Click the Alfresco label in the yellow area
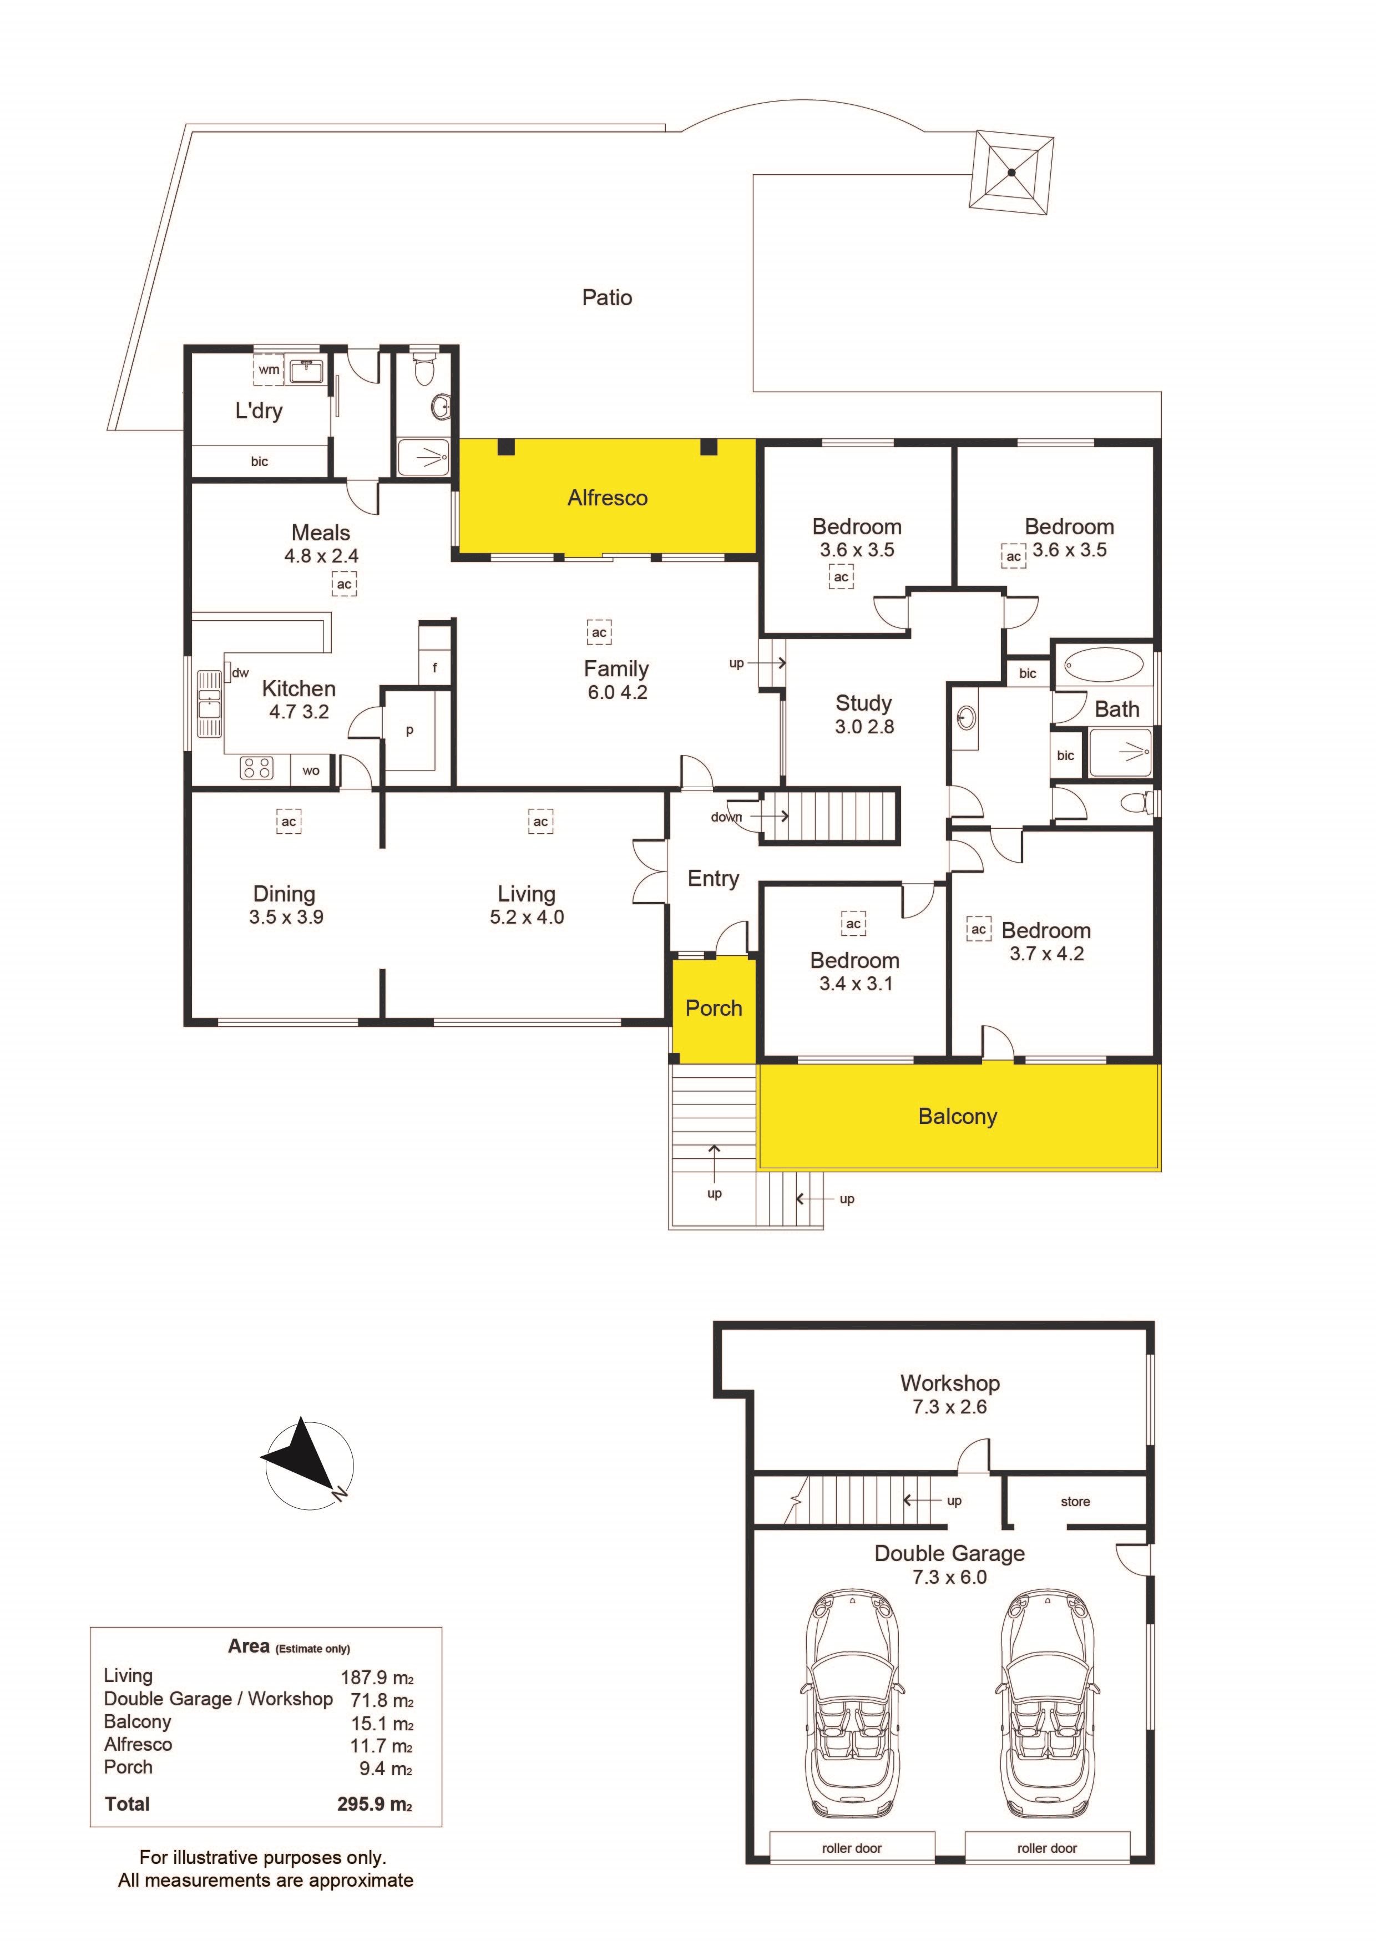(x=607, y=498)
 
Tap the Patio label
(x=607, y=297)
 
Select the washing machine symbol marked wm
(x=269, y=369)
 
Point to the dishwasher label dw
(x=241, y=673)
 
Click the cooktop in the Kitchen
(x=257, y=768)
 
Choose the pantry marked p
(x=409, y=730)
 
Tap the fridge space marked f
(x=435, y=668)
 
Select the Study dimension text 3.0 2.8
(x=864, y=726)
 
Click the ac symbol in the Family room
(x=599, y=632)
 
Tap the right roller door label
(x=1047, y=1848)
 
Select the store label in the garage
(x=1075, y=1501)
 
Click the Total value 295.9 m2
(x=375, y=1803)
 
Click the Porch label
(x=714, y=1008)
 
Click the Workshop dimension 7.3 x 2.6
(x=949, y=1406)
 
